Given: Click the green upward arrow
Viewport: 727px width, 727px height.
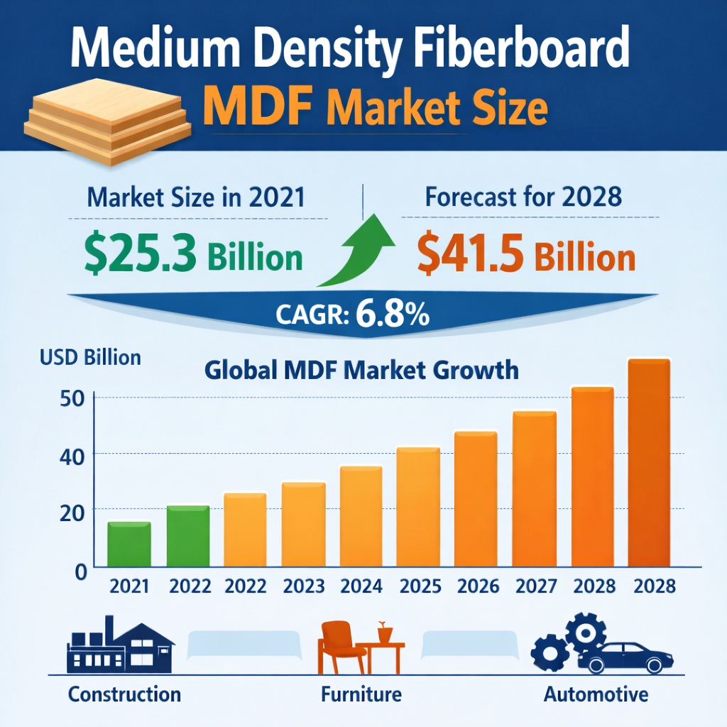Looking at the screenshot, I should [359, 253].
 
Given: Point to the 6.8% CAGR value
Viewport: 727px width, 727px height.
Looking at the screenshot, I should [393, 315].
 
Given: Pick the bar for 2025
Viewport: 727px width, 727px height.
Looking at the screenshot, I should [418, 507].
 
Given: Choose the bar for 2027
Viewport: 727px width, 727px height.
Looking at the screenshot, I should [535, 489].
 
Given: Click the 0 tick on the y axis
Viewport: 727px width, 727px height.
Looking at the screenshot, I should [80, 569].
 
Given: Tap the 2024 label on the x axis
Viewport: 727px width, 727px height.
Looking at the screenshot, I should [361, 586].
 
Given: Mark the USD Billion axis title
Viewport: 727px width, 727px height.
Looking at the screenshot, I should [91, 356].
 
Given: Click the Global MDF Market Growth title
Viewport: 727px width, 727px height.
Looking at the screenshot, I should [361, 371].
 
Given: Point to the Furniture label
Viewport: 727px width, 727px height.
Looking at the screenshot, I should [361, 694].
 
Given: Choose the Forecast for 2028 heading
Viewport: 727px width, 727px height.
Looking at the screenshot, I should [523, 197].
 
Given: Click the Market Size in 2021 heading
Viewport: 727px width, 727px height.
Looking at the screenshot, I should [196, 197].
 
